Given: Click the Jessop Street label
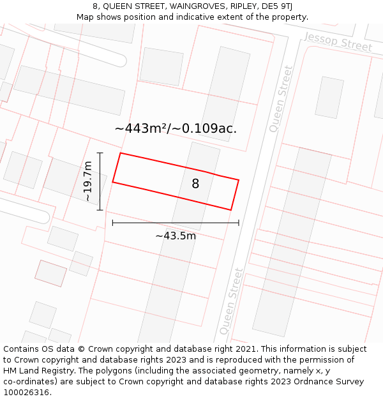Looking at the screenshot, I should pos(338,42).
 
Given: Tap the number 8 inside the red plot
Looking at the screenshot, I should pos(195,184).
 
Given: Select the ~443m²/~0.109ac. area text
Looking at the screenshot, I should pos(176,128).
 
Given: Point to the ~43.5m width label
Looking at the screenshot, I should pos(176,236).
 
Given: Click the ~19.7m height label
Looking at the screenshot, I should pos(88,181).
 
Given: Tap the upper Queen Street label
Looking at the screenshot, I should pos(281,98).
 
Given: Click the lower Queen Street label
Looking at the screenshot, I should pos(230,301).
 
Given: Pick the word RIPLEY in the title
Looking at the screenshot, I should pos(238,6).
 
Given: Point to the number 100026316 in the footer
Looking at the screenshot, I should pos(24,392).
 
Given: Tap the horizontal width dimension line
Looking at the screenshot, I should pos(176,223).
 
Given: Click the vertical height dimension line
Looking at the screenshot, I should pos(100,181).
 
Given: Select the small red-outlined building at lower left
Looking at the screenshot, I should pos(50,273).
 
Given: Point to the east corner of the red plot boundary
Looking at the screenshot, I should pos(238,180).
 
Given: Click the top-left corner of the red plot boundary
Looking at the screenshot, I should pos(121,153).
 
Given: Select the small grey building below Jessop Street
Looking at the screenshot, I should pos(329,97).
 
